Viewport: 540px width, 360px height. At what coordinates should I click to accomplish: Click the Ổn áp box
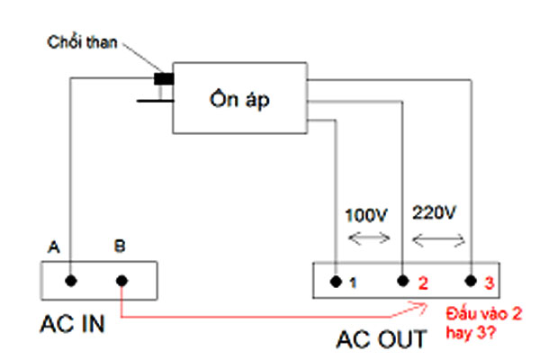point(239,100)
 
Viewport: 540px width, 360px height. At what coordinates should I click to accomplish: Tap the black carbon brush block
point(164,78)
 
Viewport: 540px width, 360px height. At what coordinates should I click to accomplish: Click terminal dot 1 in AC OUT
point(335,281)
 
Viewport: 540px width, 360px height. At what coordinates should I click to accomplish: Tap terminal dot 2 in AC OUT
point(402,281)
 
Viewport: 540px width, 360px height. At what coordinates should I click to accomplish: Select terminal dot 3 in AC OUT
point(471,281)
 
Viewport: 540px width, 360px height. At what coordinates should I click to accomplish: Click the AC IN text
point(72,323)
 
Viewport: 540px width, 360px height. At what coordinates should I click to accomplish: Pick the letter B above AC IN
point(120,245)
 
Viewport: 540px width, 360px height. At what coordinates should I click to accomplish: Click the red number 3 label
point(490,283)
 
